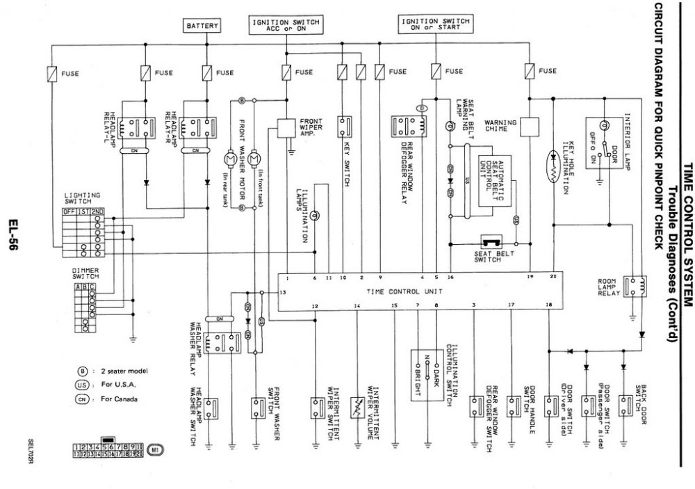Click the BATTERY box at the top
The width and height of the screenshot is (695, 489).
202,26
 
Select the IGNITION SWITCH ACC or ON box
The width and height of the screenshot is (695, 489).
286,26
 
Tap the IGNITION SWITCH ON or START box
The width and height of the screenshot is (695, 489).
436,25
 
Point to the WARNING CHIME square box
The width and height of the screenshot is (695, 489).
530,125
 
